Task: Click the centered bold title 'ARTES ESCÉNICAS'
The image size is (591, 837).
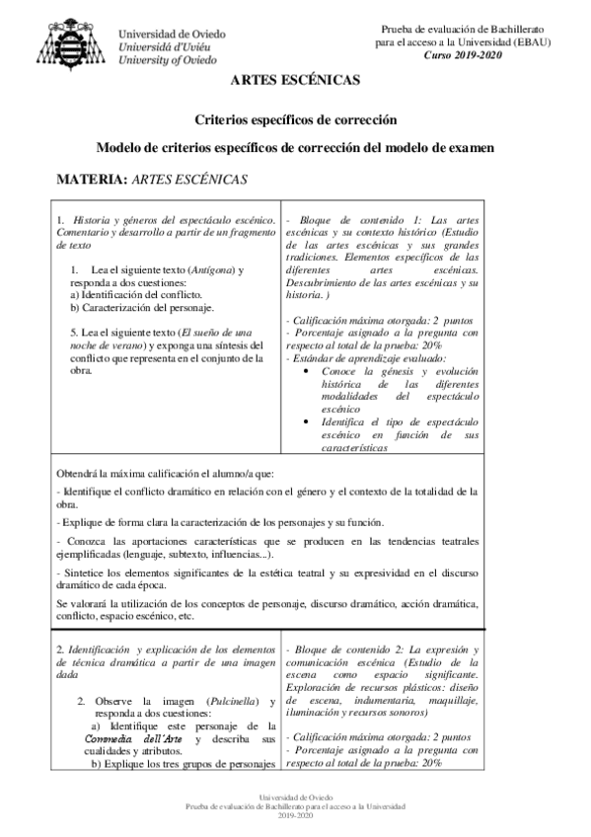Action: click(295, 82)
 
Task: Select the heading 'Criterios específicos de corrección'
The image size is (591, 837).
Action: click(295, 119)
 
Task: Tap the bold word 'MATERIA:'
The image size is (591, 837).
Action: click(93, 181)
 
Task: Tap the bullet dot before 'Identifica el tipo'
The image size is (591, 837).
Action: click(312, 421)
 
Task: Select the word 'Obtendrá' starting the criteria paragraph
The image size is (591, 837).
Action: click(79, 473)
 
